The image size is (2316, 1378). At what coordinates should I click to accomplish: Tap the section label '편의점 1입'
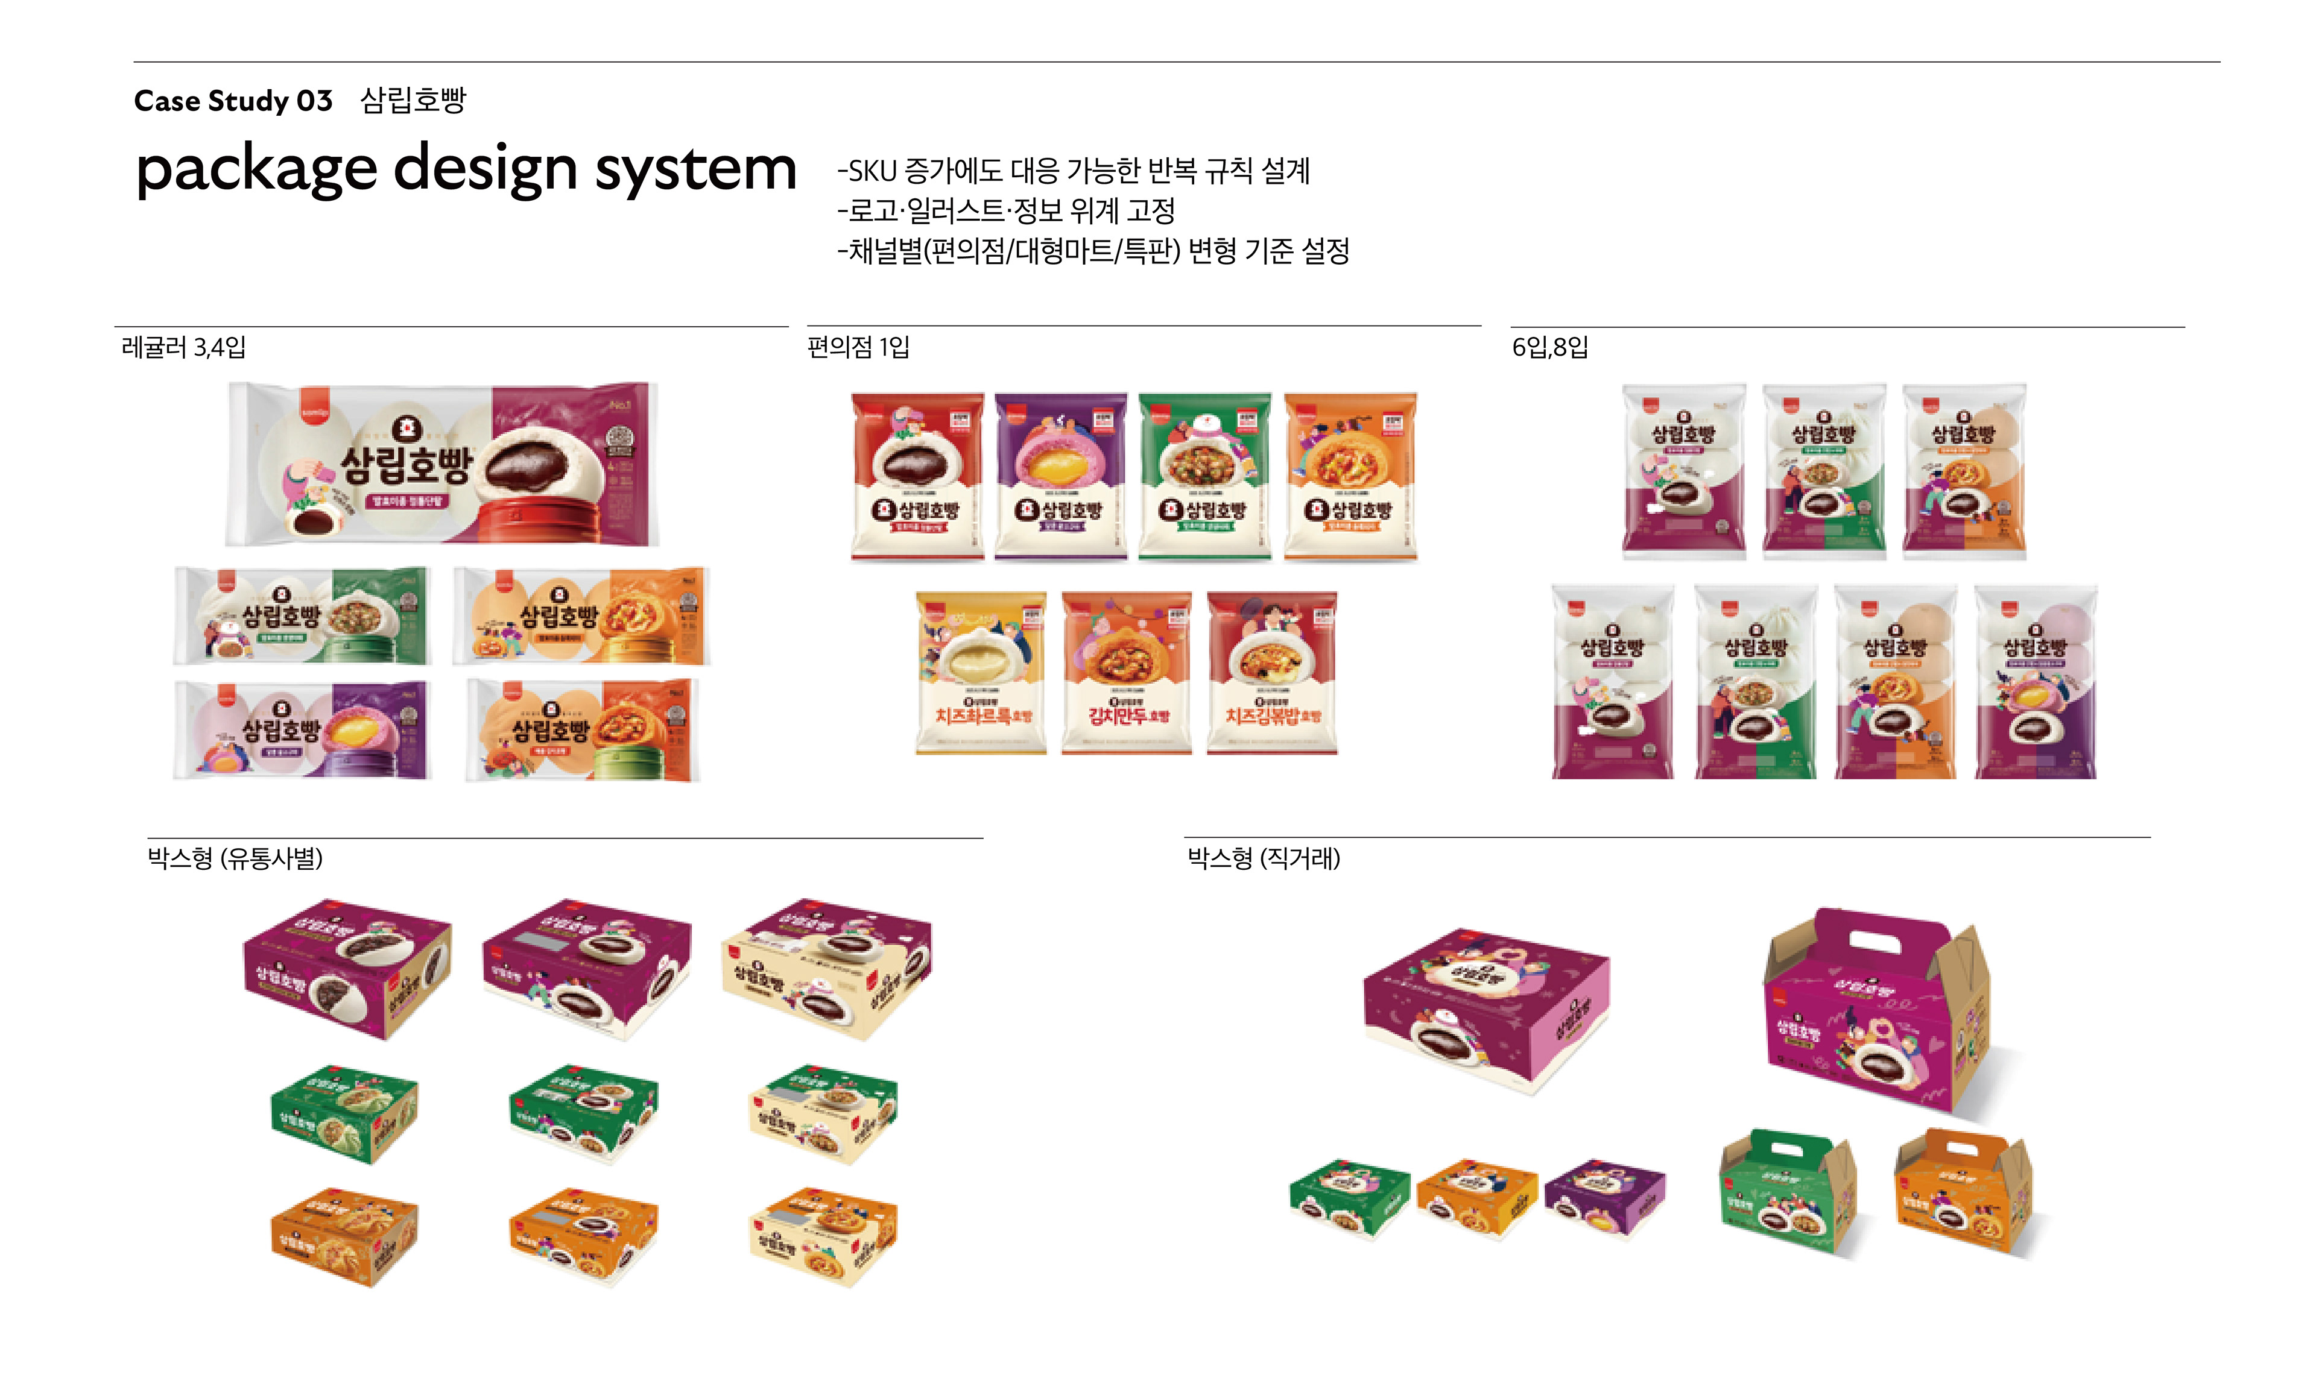coord(858,347)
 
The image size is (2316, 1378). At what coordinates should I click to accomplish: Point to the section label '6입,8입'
coord(1549,347)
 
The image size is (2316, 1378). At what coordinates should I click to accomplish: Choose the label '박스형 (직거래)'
coord(1264,858)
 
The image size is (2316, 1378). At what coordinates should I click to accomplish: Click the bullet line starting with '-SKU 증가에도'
coord(1073,171)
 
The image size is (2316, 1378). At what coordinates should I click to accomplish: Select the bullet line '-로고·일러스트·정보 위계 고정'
coord(1006,211)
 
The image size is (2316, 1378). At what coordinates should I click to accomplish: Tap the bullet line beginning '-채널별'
coord(1092,251)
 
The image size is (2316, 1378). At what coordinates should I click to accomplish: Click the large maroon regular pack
coord(442,464)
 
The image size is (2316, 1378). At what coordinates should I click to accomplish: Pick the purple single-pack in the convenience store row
coord(1060,476)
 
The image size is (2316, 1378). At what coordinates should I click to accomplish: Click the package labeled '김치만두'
coord(1126,672)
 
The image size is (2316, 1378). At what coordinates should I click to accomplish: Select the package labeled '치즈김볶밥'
coord(1271,672)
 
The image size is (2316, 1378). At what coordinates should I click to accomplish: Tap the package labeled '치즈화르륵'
coord(981,672)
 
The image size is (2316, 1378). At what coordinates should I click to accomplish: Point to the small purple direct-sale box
coord(1604,1197)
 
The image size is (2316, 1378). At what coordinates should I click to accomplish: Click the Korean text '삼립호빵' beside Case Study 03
coord(413,100)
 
